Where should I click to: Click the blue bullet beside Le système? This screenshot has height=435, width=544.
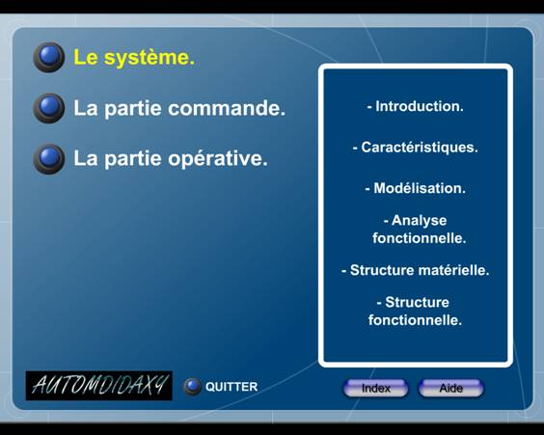point(49,57)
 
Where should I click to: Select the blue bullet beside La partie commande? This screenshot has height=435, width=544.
point(49,108)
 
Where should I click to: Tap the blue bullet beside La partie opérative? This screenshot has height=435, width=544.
point(49,158)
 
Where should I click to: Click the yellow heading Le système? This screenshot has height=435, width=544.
point(134,58)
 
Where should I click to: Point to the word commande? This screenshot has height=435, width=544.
point(227,108)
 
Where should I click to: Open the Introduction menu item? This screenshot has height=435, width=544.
point(416,106)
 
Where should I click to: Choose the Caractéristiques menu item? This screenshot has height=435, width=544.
point(416,148)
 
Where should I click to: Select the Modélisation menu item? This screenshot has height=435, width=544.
point(416,188)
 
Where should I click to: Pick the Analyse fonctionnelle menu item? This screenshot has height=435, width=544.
point(418,230)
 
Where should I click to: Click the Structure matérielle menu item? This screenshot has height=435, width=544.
point(416,270)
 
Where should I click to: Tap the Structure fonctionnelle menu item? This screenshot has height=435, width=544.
point(416,312)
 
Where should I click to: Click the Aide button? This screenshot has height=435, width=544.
point(451,388)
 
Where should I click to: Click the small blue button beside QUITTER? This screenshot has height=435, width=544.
point(192,387)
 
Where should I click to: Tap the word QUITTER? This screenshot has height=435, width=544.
point(231,387)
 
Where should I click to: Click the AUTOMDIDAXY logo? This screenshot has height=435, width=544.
point(99,386)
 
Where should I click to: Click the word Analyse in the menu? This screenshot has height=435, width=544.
point(419,221)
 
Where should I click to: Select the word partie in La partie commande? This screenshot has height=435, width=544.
point(133,109)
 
